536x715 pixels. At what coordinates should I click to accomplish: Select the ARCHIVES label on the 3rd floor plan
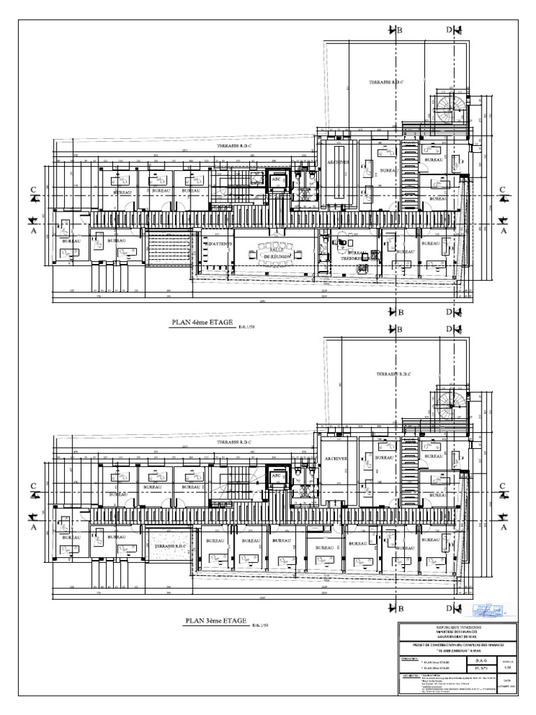pos(336,458)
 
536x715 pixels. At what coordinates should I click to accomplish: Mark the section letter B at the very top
pos(400,30)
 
